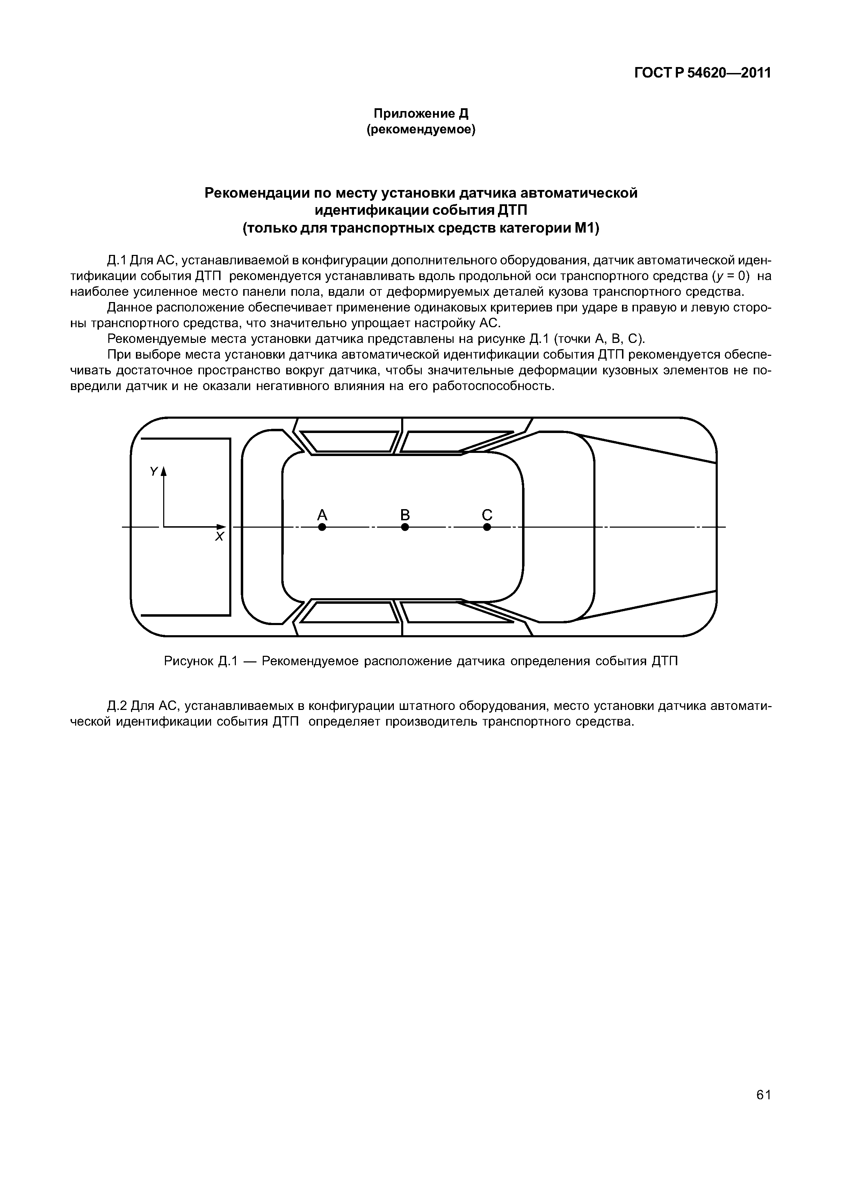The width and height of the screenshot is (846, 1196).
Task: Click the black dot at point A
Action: point(322,527)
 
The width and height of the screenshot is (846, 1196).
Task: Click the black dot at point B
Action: point(405,527)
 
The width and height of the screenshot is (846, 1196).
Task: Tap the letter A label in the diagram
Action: point(322,515)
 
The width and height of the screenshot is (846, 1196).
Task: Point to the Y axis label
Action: point(153,471)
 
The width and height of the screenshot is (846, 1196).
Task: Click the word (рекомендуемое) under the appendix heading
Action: point(421,129)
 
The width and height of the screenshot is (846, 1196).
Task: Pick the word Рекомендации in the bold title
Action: point(256,193)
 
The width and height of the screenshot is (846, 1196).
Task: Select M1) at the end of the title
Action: point(587,228)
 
